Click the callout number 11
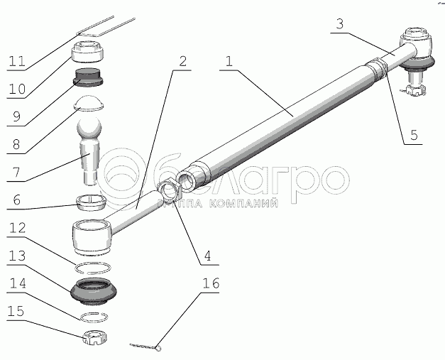(17, 61)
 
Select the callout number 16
(211, 283)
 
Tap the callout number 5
(414, 135)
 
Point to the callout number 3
(340, 24)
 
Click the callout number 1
(229, 61)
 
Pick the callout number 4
(207, 256)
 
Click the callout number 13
(17, 256)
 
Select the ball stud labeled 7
(89, 152)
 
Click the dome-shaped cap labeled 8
(89, 103)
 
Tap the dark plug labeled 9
(89, 77)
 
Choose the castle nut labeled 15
(95, 337)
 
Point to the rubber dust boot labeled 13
(94, 292)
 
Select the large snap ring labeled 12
(93, 268)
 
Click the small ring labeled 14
(94, 317)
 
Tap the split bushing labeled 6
(91, 202)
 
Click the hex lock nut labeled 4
(169, 190)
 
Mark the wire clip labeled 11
(106, 27)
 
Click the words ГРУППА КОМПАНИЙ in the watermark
(218, 203)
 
